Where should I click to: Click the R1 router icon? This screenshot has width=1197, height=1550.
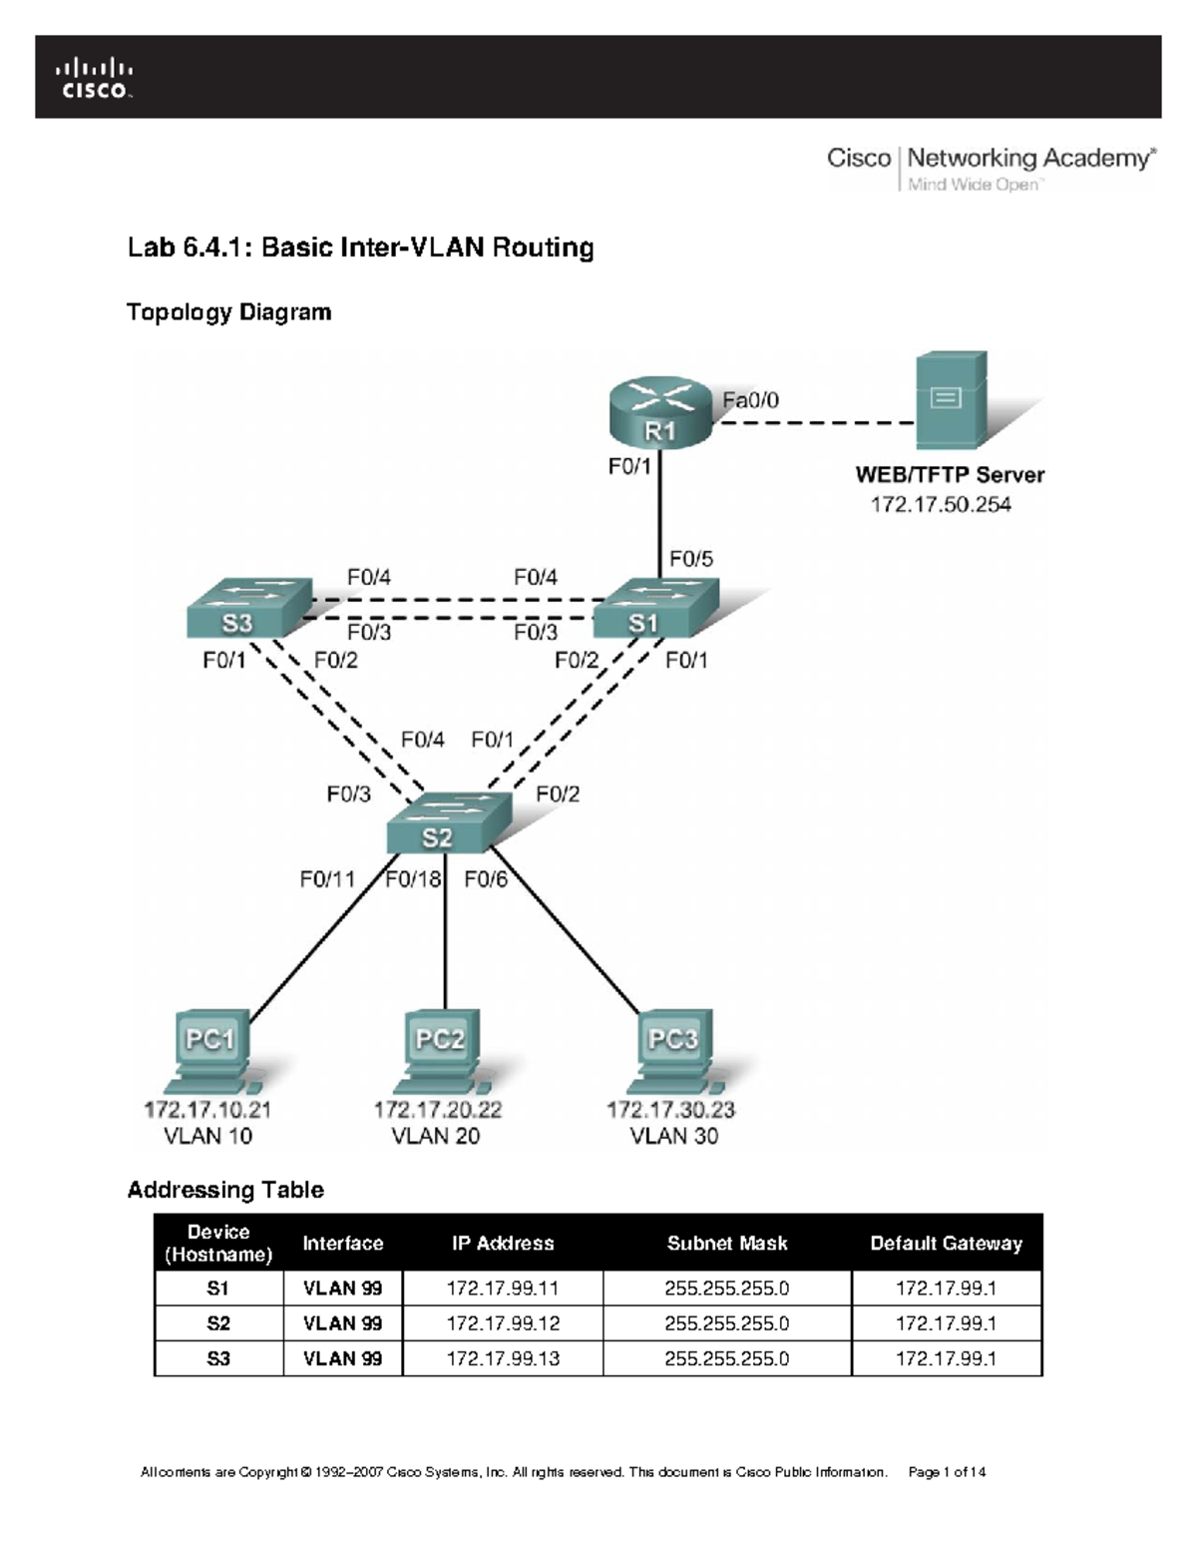point(660,414)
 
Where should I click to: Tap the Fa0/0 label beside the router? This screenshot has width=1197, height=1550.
point(750,400)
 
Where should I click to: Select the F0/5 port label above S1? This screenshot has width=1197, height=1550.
point(691,559)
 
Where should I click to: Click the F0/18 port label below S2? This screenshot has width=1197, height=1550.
point(413,879)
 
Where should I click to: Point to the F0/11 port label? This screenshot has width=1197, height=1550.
point(327,879)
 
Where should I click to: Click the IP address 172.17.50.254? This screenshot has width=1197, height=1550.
point(941,505)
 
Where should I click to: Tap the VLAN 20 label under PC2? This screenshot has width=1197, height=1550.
point(436,1136)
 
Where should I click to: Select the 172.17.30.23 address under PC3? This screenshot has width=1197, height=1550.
point(670,1109)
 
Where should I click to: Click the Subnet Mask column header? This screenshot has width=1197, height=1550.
point(727,1244)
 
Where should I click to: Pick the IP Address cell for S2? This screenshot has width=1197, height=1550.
point(503,1323)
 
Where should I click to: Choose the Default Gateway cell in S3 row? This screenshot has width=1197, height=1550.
point(946,1358)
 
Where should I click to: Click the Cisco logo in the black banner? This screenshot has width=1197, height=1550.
point(95,79)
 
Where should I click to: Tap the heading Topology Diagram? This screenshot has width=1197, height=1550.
point(229,312)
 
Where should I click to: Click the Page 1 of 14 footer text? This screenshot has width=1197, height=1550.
point(947,1472)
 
